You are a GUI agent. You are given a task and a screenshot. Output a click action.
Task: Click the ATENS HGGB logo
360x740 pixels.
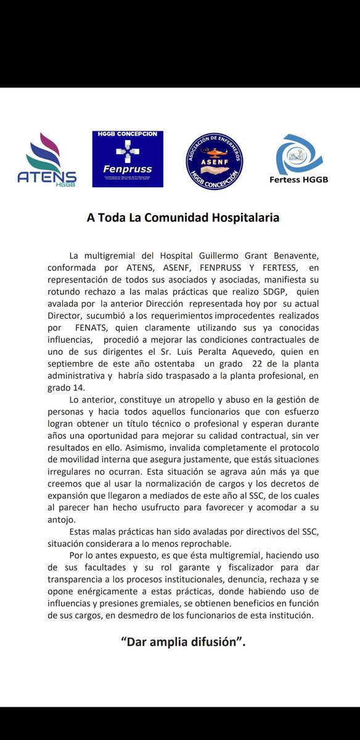point(47,160)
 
